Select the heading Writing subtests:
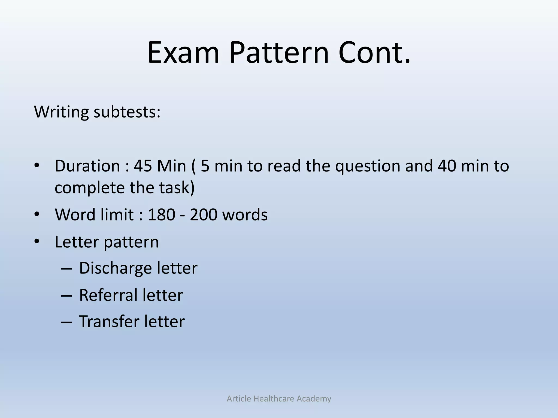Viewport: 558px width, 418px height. [x=97, y=112]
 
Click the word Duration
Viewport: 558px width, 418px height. [x=87, y=166]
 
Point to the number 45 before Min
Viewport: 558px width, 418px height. [x=143, y=166]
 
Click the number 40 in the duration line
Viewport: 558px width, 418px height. [x=447, y=166]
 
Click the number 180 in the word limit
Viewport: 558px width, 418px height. [x=161, y=214]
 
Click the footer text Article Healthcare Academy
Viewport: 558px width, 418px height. [x=279, y=399]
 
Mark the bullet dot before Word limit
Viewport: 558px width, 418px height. [x=37, y=214]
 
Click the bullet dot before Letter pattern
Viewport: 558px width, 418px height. [x=37, y=241]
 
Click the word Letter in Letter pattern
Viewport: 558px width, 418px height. [x=77, y=242]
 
